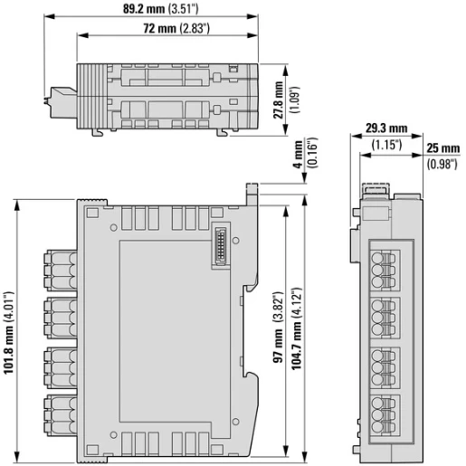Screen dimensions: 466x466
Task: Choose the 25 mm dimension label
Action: (x=442, y=147)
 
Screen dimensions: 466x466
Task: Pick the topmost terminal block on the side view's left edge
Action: (x=59, y=266)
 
